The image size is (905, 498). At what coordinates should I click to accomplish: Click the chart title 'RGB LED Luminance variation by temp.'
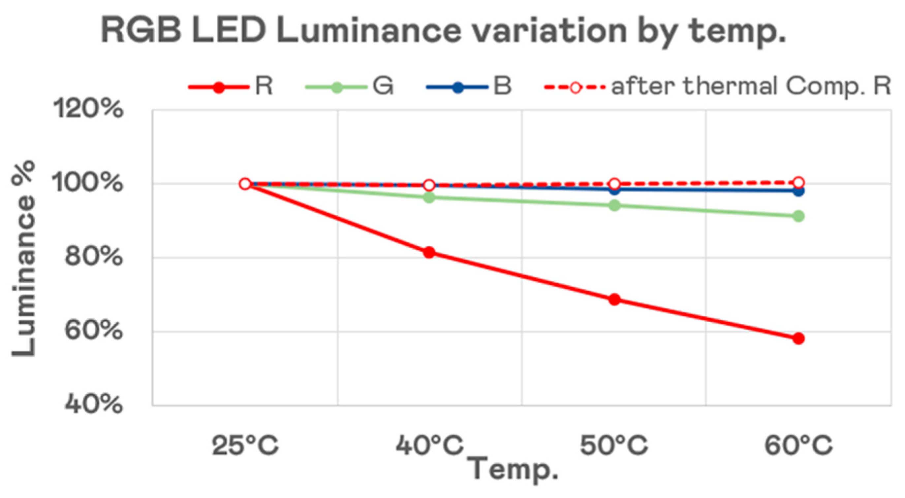443,32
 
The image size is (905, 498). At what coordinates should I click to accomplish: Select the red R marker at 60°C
798,339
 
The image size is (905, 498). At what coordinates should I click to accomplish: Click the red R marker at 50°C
614,300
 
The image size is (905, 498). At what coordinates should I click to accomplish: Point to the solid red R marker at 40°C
429,253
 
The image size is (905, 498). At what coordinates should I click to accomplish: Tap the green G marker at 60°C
798,216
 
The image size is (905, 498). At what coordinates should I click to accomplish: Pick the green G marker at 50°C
614,205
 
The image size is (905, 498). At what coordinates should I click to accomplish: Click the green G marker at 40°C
429,198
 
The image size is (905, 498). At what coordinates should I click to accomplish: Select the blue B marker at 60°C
798,191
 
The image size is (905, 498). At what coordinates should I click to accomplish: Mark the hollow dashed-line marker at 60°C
798,183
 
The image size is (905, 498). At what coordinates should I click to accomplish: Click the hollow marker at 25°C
245,184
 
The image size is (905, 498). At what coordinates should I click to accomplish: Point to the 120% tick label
88,109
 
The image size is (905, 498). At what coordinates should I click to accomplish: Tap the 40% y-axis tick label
93,405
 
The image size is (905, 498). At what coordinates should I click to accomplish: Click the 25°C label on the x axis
245,446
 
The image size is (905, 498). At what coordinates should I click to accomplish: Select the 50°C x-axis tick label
614,446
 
